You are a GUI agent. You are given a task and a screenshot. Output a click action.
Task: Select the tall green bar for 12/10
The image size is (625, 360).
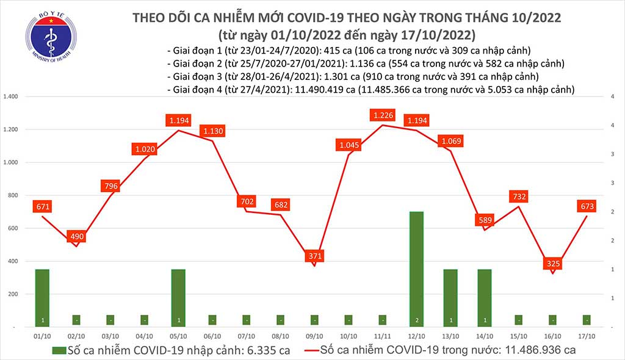click(416, 268)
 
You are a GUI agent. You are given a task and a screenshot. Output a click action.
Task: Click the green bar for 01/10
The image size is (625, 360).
click(42, 297)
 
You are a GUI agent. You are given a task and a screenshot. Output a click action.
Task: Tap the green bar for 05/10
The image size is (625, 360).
click(178, 297)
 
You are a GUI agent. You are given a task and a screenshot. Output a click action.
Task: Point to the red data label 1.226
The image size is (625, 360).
click(383, 115)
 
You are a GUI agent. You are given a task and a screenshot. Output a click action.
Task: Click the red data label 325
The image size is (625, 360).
click(552, 264)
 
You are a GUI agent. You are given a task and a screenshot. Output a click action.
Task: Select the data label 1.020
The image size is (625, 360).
click(144, 148)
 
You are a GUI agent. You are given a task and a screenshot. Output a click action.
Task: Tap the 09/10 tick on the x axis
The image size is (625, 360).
click(314, 336)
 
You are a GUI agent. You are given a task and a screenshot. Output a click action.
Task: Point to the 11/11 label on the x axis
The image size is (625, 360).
click(382, 336)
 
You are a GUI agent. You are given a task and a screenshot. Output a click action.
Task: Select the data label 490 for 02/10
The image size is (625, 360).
click(76, 236)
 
